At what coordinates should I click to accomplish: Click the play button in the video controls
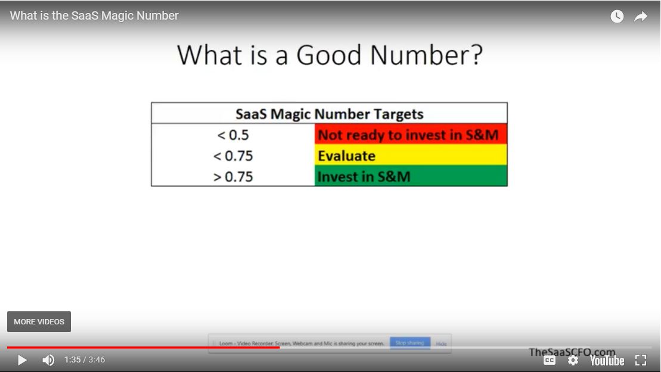[x=22, y=360]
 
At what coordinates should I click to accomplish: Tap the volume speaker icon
[x=48, y=360]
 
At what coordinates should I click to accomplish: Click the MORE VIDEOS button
[x=39, y=321]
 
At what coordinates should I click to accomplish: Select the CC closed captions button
[x=550, y=360]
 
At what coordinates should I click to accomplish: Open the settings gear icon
[x=573, y=360]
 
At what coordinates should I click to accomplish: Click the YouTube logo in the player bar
[x=607, y=360]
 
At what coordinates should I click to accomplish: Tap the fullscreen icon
[x=641, y=360]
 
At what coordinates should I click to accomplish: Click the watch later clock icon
[x=617, y=17]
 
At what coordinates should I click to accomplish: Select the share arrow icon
[x=641, y=17]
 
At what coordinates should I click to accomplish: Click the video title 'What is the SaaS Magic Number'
[x=94, y=16]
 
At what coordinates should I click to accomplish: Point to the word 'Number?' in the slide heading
[x=426, y=55]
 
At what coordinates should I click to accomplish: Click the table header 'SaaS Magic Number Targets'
[x=329, y=114]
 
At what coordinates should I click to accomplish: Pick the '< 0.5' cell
[x=233, y=135]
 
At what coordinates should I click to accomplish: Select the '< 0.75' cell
[x=233, y=156]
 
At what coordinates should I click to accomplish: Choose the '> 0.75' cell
[x=233, y=177]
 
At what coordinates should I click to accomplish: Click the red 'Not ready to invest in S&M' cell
[x=411, y=135]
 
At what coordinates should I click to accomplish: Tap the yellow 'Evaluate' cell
[x=411, y=156]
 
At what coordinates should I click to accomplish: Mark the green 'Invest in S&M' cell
[x=411, y=177]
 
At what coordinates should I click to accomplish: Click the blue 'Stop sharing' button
[x=409, y=343]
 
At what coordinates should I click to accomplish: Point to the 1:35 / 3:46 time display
[x=85, y=360]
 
